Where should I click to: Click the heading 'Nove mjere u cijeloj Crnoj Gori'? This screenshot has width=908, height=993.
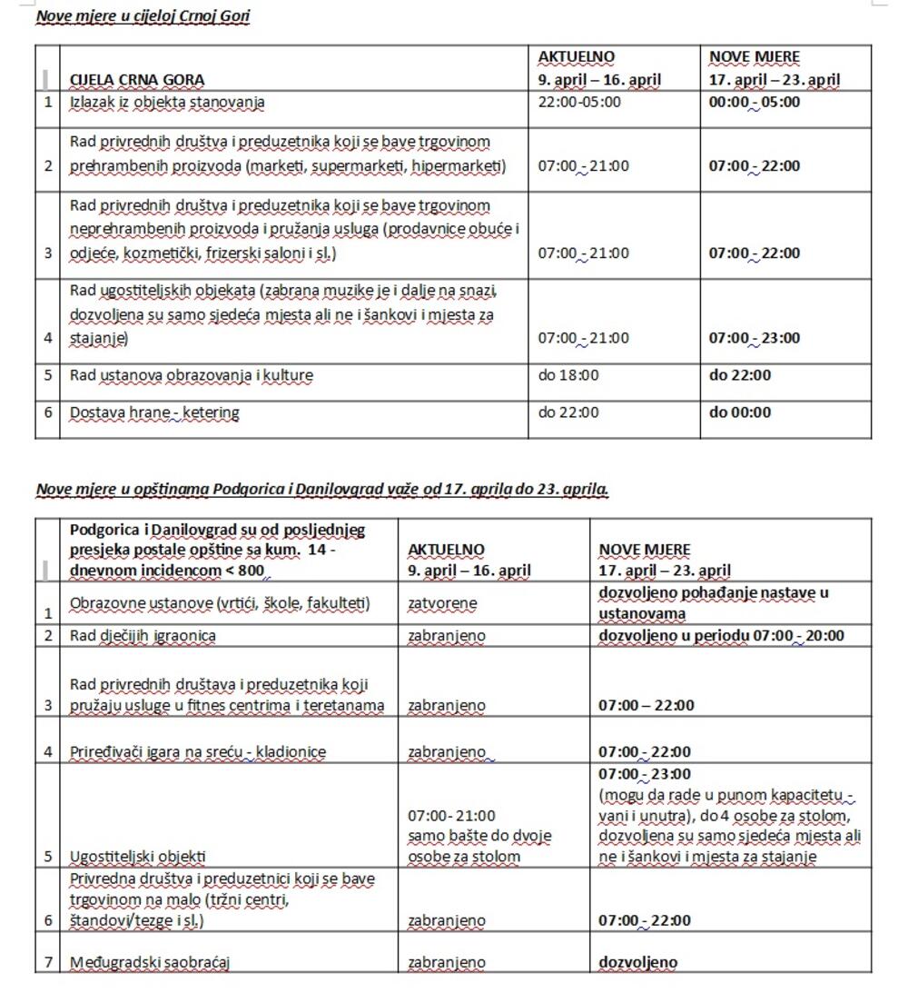(143, 16)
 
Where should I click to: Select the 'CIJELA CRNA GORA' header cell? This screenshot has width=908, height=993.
(137, 80)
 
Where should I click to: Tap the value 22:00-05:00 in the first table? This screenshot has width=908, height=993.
(579, 102)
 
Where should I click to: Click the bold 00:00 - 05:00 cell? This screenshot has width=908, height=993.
(755, 102)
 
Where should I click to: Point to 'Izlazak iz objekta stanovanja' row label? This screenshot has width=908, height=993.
(167, 102)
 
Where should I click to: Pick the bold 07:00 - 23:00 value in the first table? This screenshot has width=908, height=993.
(755, 338)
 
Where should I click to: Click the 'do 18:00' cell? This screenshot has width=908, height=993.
(568, 374)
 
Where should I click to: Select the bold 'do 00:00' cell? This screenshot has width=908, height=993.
(740, 412)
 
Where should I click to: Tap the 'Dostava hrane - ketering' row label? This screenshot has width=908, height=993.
(154, 412)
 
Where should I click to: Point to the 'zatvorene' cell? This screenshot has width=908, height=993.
(442, 603)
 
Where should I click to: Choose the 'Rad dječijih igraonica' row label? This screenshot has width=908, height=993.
(143, 636)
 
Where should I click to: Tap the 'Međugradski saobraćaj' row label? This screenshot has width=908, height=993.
(150, 963)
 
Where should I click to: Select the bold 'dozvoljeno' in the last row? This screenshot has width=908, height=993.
(638, 963)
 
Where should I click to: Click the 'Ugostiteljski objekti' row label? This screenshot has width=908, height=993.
(138, 856)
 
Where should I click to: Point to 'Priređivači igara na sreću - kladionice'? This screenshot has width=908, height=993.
(198, 752)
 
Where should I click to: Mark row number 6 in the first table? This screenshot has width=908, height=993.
(47, 412)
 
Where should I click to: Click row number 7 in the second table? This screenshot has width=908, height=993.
(47, 963)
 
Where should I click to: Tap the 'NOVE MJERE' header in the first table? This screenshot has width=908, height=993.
(755, 57)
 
